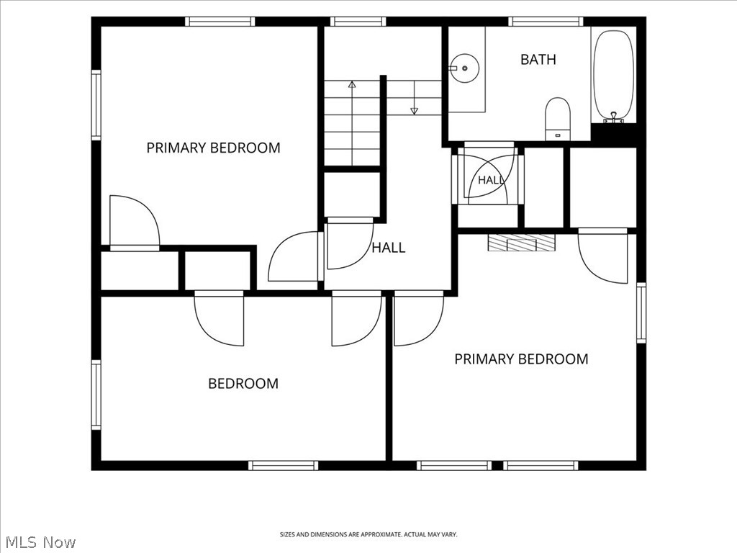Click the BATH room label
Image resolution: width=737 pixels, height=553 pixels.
point(538,60)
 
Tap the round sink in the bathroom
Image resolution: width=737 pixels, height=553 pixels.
point(464,68)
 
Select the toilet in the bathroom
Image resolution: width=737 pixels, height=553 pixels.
point(558,119)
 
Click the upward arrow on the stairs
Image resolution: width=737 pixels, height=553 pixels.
point(352,123)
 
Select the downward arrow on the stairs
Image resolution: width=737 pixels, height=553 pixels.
point(414,97)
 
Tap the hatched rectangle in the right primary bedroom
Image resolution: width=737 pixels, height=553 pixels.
point(522,243)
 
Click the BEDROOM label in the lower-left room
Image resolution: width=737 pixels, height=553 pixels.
point(243,384)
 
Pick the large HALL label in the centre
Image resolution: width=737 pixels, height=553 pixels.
point(389,248)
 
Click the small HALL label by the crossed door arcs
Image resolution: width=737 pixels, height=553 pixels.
point(491,180)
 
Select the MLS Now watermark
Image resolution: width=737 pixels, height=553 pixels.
point(38,542)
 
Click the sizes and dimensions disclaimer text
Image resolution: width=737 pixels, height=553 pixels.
point(368,535)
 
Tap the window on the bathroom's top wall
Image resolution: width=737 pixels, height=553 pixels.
point(546,21)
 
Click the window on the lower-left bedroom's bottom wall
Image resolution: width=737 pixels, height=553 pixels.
point(284,466)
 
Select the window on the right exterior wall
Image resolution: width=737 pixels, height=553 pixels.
point(641,313)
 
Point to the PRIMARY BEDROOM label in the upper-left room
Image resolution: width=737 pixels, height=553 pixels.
point(213,148)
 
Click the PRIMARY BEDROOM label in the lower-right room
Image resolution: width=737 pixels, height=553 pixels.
point(521,359)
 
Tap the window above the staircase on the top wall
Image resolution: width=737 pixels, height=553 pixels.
point(358,21)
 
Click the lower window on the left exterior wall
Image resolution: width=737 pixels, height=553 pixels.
point(96,395)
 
